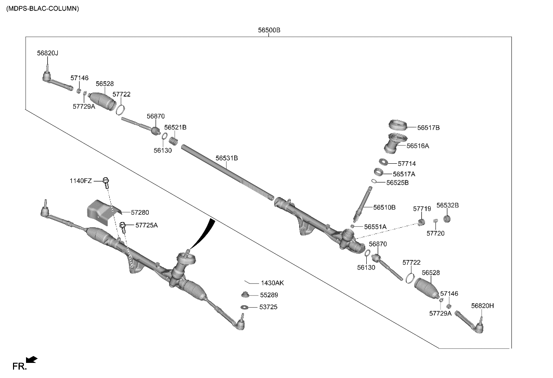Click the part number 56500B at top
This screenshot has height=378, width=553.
[x=269, y=30]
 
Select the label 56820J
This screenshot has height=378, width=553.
[x=47, y=53]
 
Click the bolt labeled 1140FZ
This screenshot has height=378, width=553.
[x=106, y=181]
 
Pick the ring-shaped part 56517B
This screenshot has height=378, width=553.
[x=398, y=125]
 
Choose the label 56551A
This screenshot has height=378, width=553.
[x=375, y=227]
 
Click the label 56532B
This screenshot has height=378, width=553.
[x=447, y=205]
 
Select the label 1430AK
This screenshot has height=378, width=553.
[x=272, y=283]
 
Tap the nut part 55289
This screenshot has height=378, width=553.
[x=245, y=295]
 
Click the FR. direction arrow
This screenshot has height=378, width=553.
[x=32, y=359]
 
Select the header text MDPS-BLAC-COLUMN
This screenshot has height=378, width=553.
[x=43, y=9]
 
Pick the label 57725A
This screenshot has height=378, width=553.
[x=146, y=225]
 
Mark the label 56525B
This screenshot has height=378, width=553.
[x=397, y=183]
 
